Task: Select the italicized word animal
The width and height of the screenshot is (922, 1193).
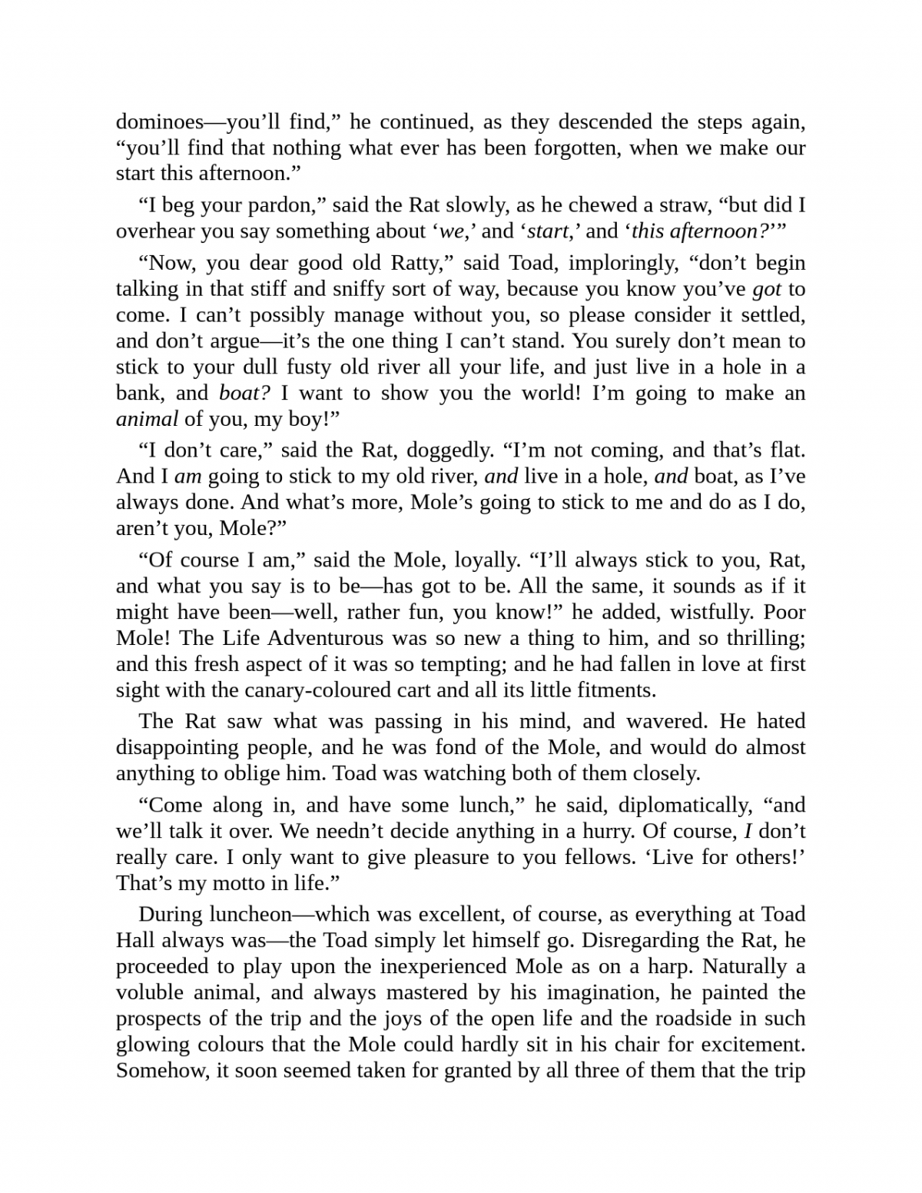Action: pos(147,419)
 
